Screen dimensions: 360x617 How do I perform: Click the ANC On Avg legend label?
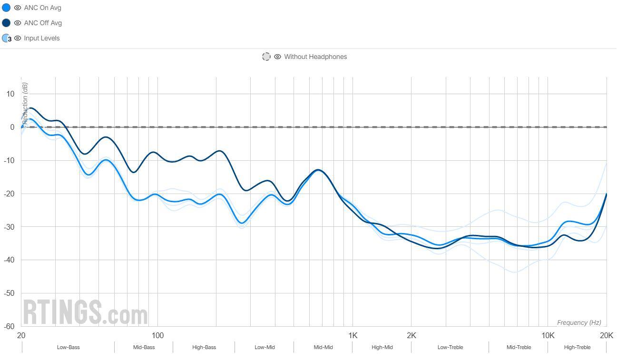(42, 8)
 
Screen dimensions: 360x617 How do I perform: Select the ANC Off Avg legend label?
(43, 23)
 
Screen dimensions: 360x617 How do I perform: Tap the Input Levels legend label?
(42, 38)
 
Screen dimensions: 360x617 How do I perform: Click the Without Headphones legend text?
(315, 57)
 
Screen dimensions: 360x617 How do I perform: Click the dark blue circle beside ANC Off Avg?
(6, 23)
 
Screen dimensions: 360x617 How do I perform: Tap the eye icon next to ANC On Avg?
(18, 8)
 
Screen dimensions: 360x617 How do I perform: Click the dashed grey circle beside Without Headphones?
(266, 57)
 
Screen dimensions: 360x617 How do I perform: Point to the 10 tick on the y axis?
(10, 94)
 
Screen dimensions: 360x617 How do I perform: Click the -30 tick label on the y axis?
(10, 227)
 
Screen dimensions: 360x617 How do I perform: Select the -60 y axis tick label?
(10, 326)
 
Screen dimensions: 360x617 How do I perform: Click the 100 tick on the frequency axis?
(157, 335)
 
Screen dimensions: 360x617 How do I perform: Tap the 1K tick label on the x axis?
(353, 335)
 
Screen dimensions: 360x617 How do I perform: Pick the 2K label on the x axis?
(411, 335)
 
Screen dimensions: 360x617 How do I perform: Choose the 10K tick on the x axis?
(548, 335)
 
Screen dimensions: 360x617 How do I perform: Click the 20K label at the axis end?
(607, 335)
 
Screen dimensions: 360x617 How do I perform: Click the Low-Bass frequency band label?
(68, 347)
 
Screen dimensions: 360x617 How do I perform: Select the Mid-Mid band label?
(323, 347)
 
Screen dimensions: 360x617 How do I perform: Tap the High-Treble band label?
(577, 347)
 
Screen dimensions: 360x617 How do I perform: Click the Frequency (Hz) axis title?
(579, 322)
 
